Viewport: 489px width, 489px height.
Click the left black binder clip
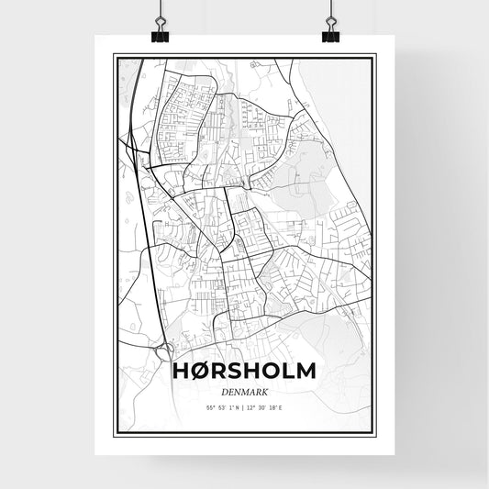click(x=161, y=35)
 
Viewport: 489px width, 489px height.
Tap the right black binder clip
click(x=330, y=35)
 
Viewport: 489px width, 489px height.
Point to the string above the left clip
click(x=161, y=11)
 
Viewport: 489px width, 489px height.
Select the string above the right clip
click(x=330, y=11)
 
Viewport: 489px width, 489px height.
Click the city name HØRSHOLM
click(x=244, y=372)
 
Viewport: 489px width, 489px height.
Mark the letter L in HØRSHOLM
click(x=286, y=372)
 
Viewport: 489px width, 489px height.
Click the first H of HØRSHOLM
click(x=182, y=372)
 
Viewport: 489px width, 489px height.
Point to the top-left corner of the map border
click(x=114, y=55)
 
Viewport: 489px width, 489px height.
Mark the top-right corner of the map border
click(x=374, y=55)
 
